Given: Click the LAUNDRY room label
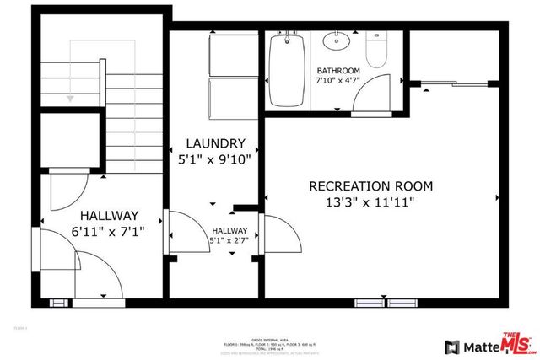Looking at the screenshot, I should point(217,143).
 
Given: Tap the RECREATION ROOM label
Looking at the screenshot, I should point(370,185).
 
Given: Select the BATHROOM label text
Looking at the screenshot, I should point(338,70).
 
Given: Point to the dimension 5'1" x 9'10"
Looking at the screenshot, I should point(217,159).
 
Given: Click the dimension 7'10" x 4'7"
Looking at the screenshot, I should point(338,80).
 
